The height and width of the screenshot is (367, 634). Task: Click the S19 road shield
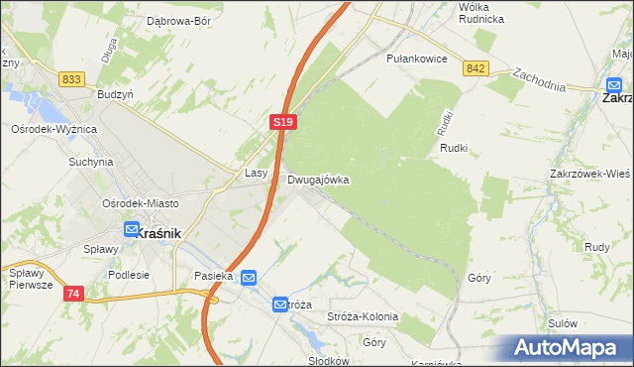pyautogui.click(x=281, y=121)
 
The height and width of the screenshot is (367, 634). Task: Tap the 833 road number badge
pyautogui.click(x=70, y=78)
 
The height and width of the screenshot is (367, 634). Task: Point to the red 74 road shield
pyautogui.click(x=72, y=294)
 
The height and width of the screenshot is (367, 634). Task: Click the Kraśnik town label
pyautogui.click(x=158, y=231)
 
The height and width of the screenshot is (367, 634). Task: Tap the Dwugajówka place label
pyautogui.click(x=318, y=181)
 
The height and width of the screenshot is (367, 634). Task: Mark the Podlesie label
pyautogui.click(x=130, y=275)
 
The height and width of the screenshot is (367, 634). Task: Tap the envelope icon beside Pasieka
pyautogui.click(x=249, y=278)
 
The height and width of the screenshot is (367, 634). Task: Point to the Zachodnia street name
pyautogui.click(x=539, y=79)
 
